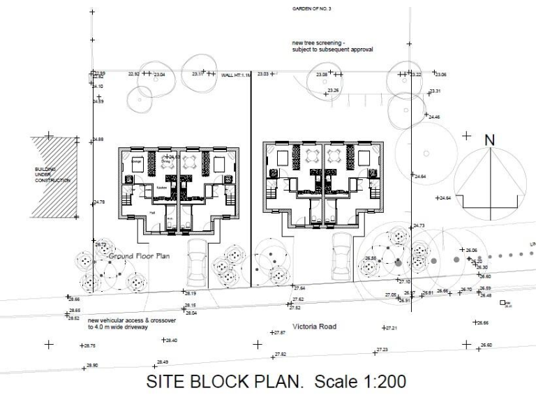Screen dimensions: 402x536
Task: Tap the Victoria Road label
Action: click(315, 326)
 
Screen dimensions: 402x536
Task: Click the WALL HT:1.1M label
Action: click(235, 75)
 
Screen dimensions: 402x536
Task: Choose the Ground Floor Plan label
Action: click(140, 256)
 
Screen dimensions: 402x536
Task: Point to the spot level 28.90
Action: click(92, 365)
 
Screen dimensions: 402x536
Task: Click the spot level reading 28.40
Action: click(170, 340)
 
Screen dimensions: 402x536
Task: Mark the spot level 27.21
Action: click(391, 327)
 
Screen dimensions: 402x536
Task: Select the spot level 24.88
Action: click(98, 140)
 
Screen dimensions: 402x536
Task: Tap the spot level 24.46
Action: click(434, 117)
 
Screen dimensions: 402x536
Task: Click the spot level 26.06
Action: click(471, 250)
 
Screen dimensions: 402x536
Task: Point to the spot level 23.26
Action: click(333, 91)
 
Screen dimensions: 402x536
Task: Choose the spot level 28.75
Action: click(89, 345)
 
